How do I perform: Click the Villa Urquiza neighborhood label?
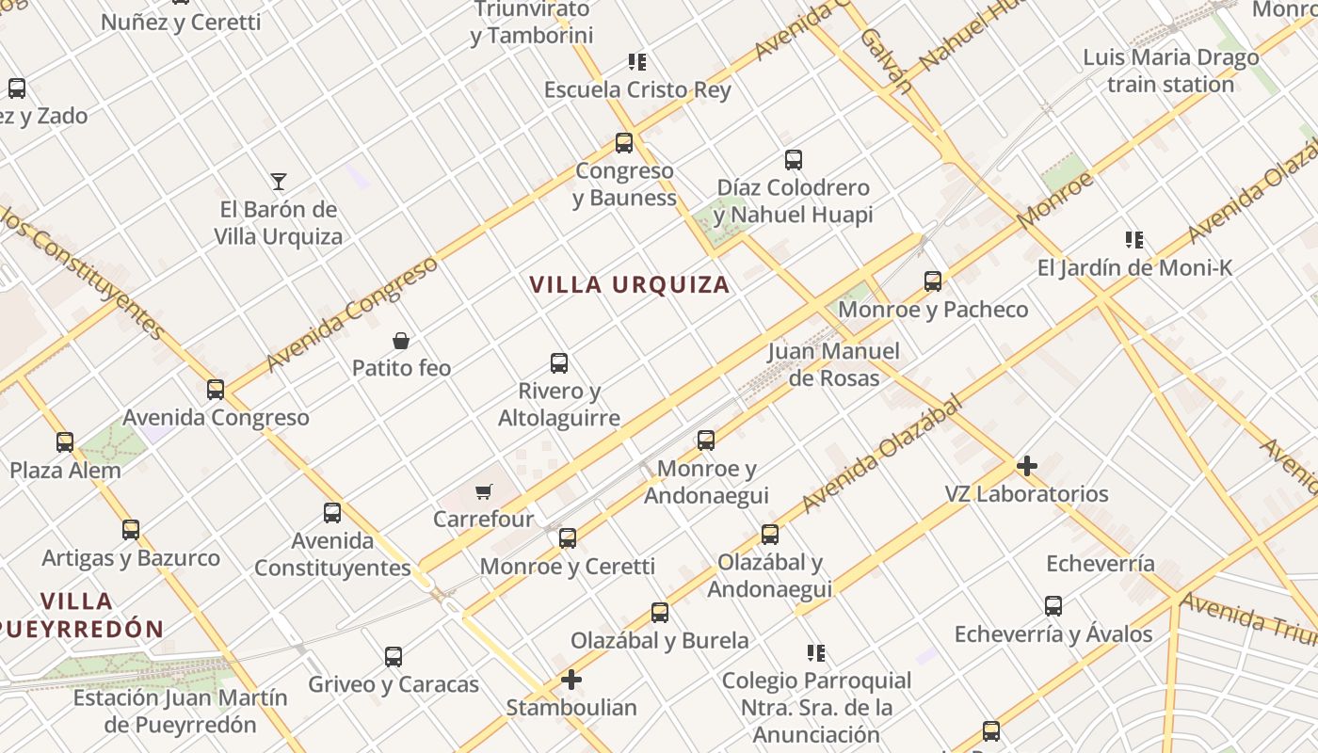point(629,284)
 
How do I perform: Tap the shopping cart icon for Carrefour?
point(484,490)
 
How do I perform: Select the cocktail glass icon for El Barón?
point(278,181)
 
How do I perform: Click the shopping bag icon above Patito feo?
point(401,340)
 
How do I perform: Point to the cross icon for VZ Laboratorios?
point(1026,465)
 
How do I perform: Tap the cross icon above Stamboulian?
point(571,679)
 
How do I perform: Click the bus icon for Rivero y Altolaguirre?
point(559,362)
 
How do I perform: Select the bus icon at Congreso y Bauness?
point(624,143)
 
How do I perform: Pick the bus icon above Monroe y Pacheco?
point(932,280)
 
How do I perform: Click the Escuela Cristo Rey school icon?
point(637,62)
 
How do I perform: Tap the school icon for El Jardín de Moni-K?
point(1134,239)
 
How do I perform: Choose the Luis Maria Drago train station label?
point(1170,71)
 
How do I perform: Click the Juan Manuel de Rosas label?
point(833,364)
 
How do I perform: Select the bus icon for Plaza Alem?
point(65,441)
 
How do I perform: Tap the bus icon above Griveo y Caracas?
point(394,656)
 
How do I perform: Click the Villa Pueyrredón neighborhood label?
point(80,614)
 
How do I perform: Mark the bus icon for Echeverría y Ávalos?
point(1053,606)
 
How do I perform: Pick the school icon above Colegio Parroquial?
point(816,652)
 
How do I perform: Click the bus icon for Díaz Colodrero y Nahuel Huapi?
point(794,160)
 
